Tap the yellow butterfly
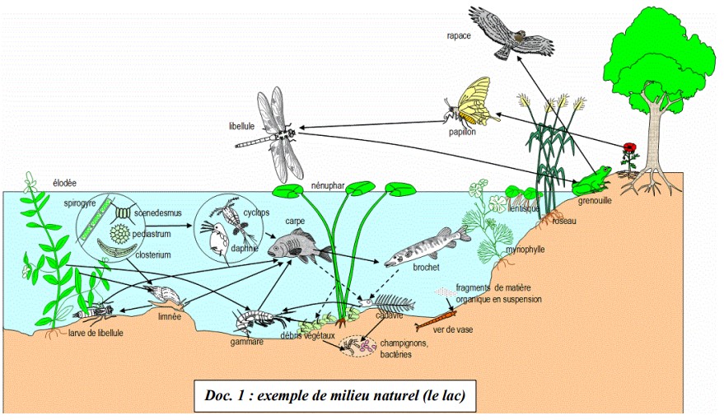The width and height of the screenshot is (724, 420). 473,102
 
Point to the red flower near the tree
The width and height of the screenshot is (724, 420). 630,150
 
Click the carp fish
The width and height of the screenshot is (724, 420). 289,245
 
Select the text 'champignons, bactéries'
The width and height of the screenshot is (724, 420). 404,348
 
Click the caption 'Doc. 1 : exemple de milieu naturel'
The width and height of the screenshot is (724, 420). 335,394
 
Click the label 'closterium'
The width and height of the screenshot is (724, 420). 154,255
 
